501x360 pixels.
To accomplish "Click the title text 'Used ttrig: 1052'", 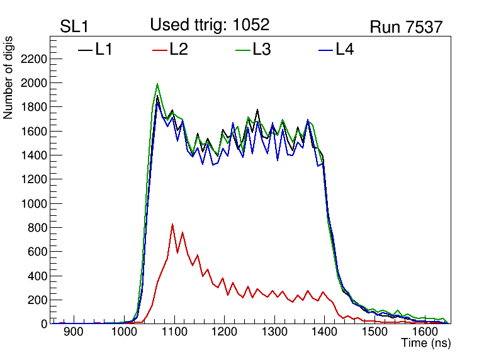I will pyautogui.click(x=210, y=25).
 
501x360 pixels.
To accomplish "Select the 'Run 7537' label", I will pyautogui.click(x=406, y=27).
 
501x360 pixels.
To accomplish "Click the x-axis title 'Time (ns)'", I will pyautogui.click(x=426, y=343).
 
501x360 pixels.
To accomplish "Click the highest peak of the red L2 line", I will pyautogui.click(x=172, y=224).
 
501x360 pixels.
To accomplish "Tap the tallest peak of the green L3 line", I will pyautogui.click(x=157, y=84).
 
